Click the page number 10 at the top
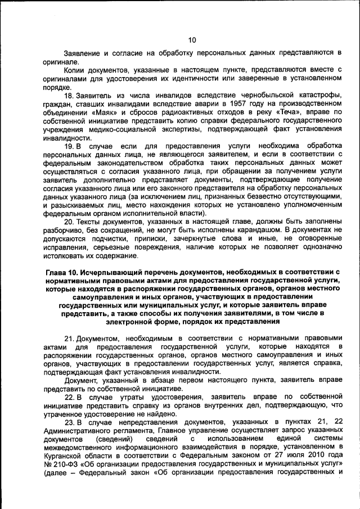click(192, 39)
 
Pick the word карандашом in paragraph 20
click(256, 229)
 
